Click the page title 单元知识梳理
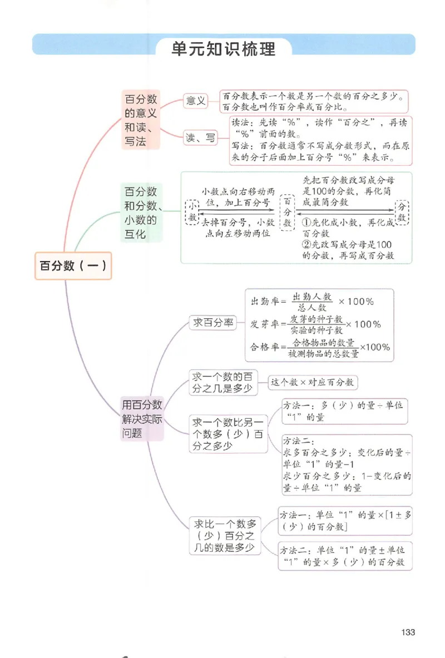224,48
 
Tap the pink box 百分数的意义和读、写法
141,121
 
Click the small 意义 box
196,101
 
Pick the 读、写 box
200,138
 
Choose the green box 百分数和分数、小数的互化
141,213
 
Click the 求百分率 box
214,323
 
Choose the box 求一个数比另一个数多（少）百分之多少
228,433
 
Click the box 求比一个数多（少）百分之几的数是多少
225,536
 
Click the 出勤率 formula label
264,301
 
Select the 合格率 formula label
264,347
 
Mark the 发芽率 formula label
264,324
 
